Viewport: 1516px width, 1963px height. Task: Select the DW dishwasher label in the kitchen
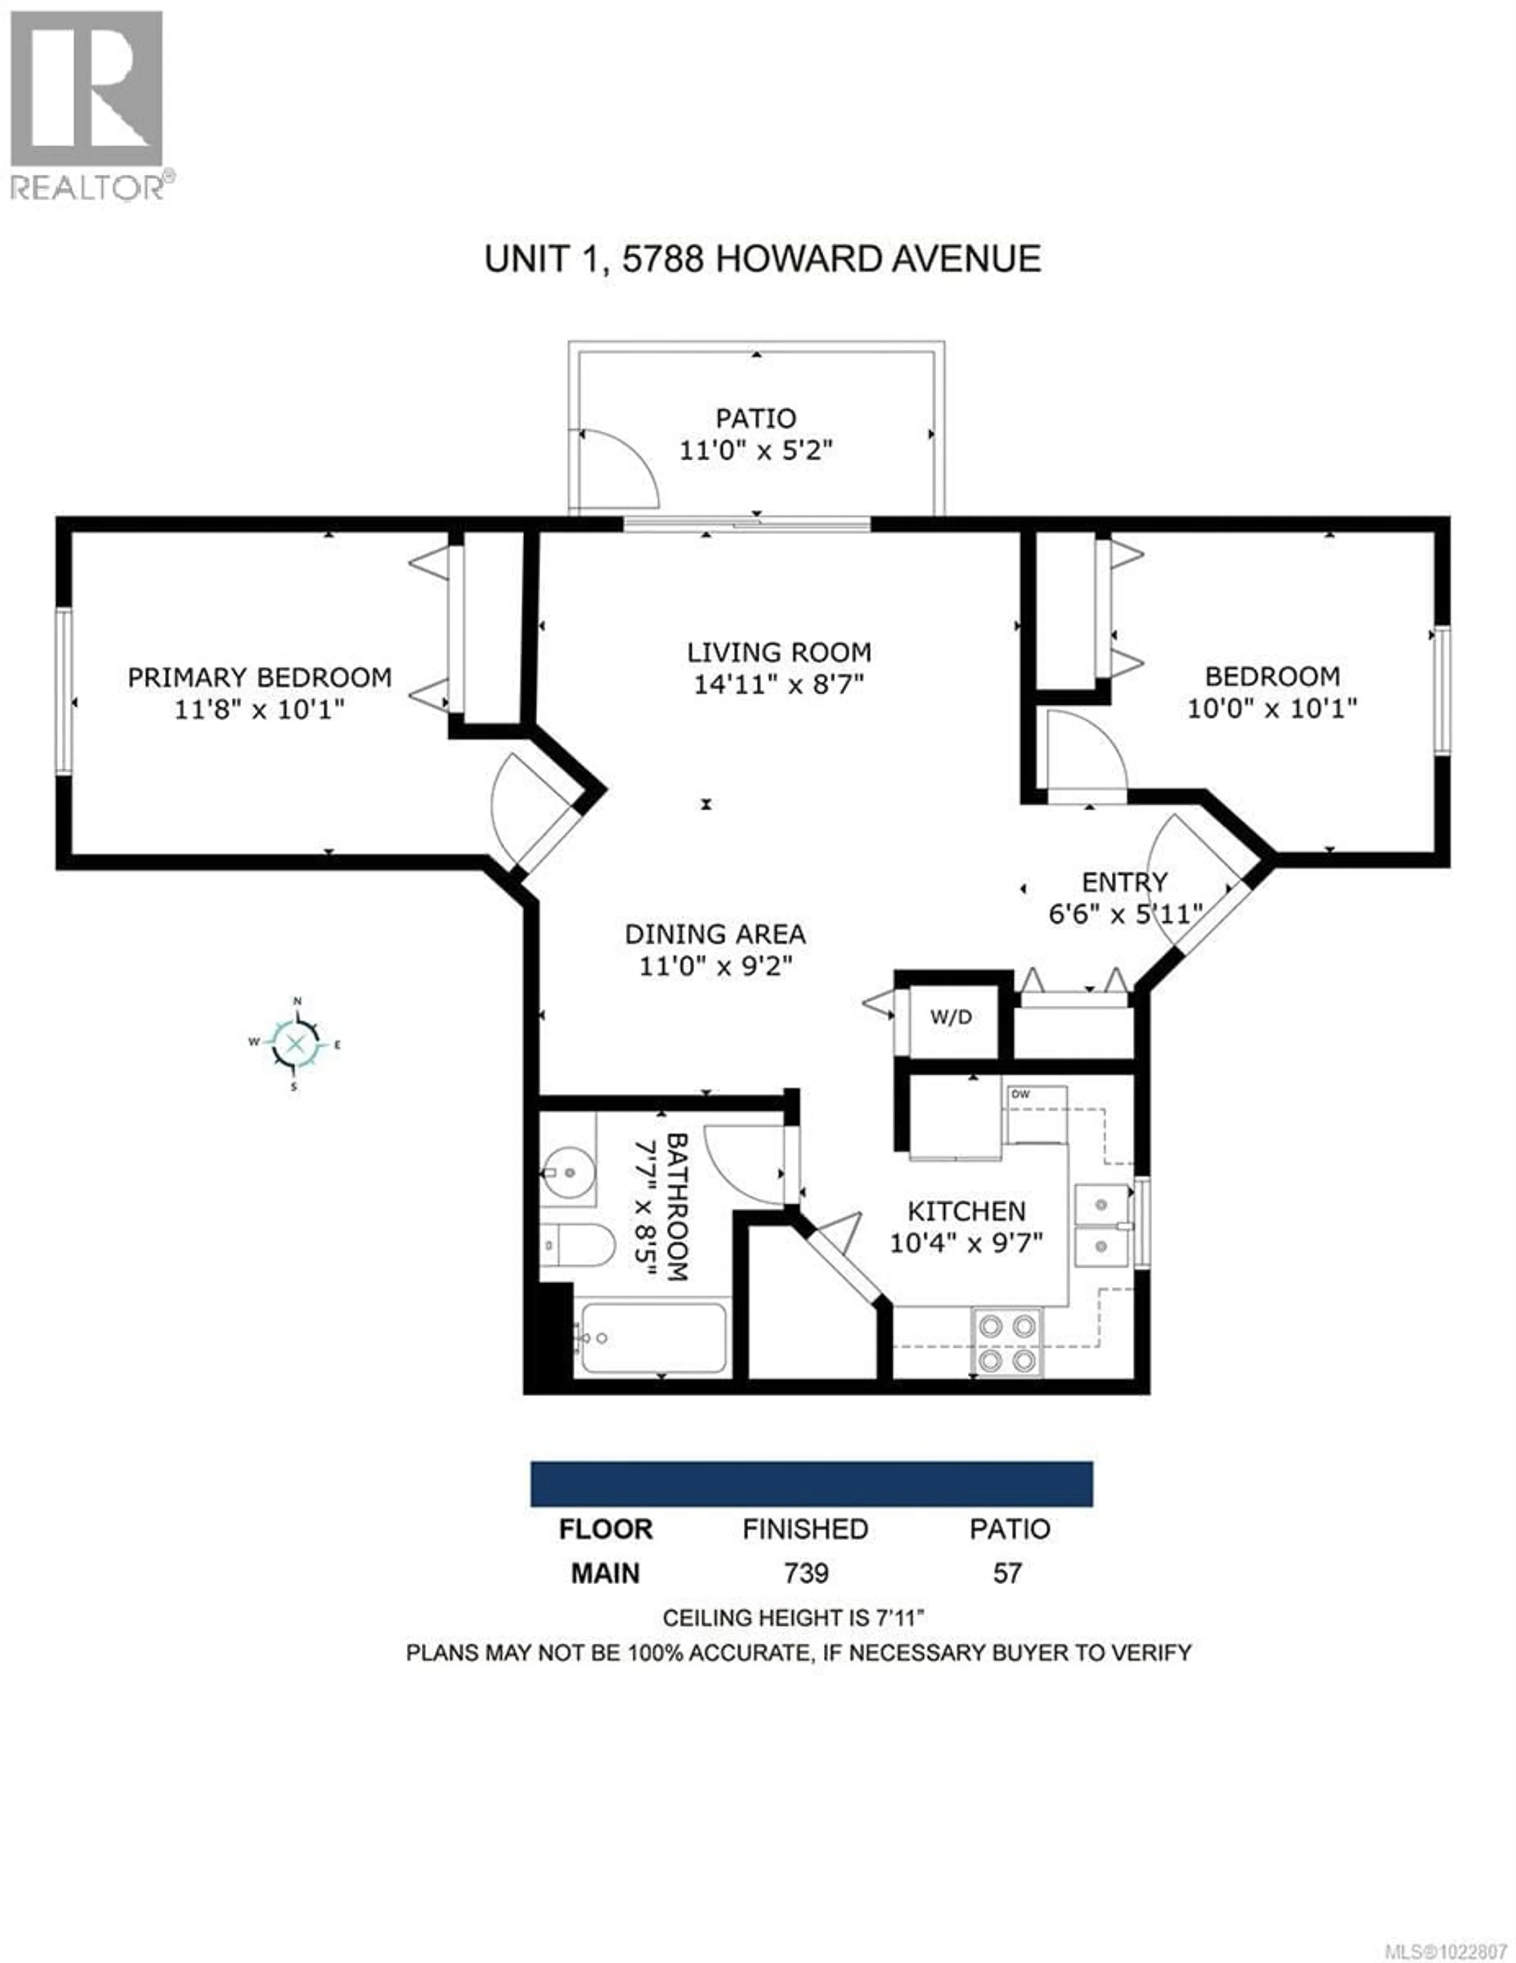tap(1020, 1094)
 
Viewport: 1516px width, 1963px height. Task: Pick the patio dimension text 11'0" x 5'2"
tap(756, 449)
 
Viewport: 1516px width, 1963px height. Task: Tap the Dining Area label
tap(715, 934)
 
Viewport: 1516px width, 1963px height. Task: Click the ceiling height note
tap(794, 1618)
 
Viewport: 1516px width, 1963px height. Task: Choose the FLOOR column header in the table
tap(606, 1529)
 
